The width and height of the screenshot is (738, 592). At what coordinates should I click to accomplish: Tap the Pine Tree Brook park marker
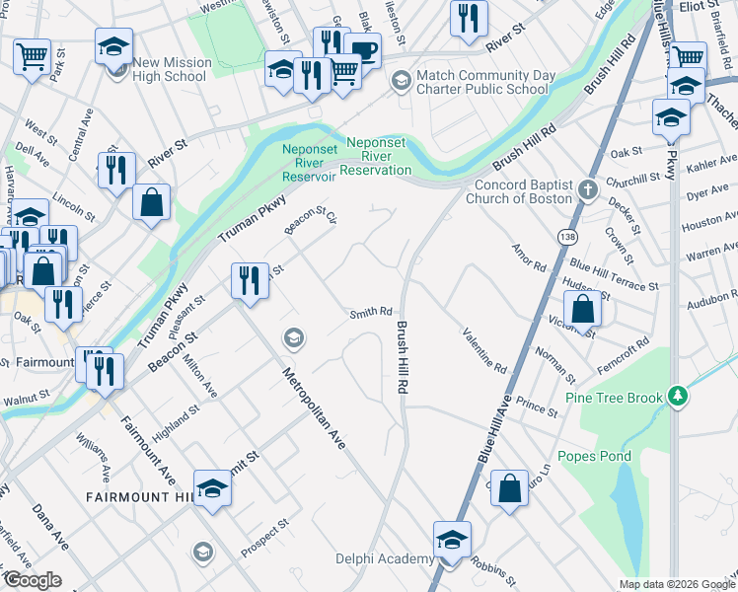tap(677, 397)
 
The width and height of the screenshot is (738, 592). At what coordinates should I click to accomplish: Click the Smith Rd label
tap(371, 315)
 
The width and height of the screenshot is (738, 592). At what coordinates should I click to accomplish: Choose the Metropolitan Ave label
tap(314, 407)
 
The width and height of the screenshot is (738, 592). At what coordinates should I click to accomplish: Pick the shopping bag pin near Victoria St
tap(583, 308)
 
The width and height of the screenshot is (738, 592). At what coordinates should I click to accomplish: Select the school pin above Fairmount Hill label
tap(212, 488)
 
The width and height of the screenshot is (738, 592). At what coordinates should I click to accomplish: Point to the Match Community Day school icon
tap(401, 80)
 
